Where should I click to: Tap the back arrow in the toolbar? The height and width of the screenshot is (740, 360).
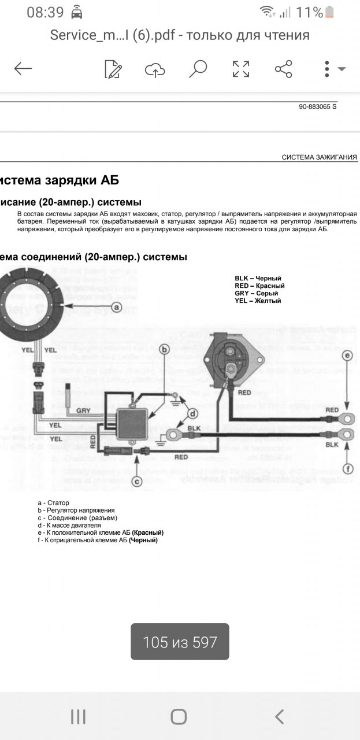pos(23,69)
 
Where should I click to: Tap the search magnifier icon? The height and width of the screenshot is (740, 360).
pos(198,69)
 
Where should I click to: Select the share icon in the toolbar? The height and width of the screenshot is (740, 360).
pos(283,69)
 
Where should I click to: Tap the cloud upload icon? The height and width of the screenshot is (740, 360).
pos(155,69)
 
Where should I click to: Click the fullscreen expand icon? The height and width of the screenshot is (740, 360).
pos(241,69)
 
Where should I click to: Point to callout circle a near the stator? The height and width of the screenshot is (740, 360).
pos(116,307)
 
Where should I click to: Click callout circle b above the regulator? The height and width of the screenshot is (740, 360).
pos(164,349)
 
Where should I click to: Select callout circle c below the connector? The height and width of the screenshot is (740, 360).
pos(137,479)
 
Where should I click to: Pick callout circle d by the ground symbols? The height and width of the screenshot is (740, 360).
pos(193,413)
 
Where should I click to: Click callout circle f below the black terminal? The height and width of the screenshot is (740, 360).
pos(347,469)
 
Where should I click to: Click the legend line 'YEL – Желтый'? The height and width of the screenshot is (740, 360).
pos(258,301)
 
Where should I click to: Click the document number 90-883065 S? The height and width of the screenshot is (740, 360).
pos(317,107)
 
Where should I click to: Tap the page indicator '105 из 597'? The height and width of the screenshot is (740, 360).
pos(180,642)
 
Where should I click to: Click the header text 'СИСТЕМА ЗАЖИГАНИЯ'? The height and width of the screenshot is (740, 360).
pos(319,157)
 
